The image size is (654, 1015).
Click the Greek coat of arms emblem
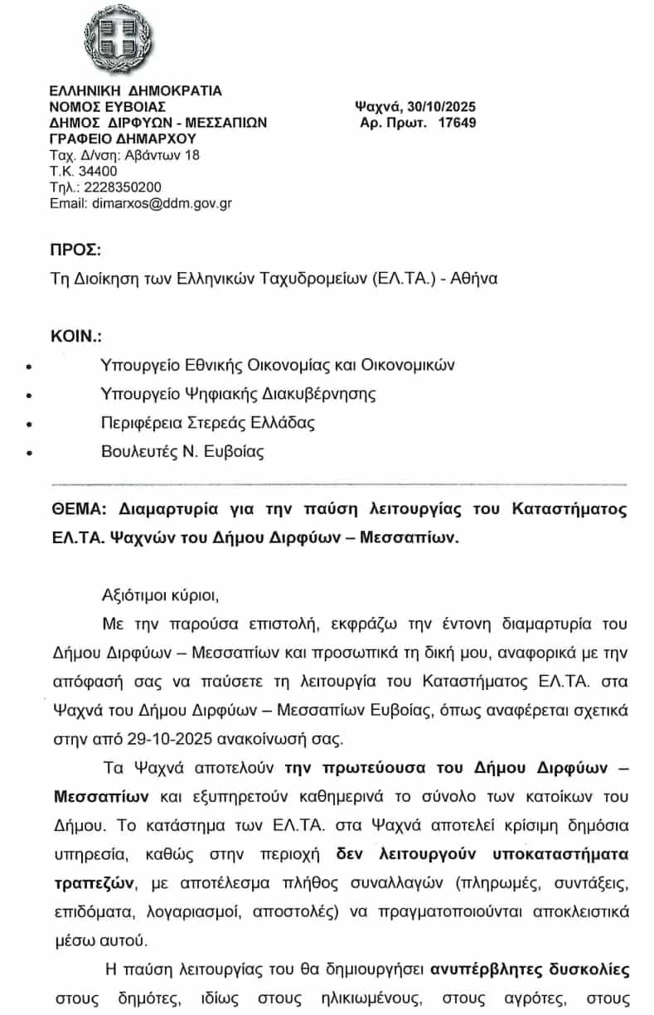pos(119,37)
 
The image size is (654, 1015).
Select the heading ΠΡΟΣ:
pos(75,250)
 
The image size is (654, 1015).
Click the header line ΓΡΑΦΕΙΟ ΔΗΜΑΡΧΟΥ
pos(122,138)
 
